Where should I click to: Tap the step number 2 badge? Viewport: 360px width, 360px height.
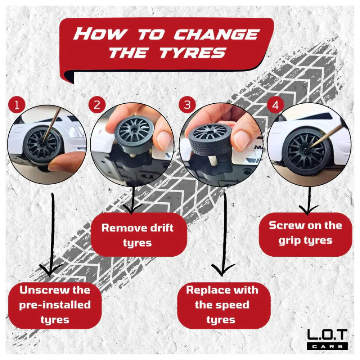(x=97, y=105)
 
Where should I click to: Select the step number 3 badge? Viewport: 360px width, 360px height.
(x=187, y=105)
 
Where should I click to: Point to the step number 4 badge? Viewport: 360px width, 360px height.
(x=275, y=105)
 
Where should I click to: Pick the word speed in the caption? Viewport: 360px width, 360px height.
(x=233, y=305)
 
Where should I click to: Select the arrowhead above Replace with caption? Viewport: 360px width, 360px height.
(x=222, y=269)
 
